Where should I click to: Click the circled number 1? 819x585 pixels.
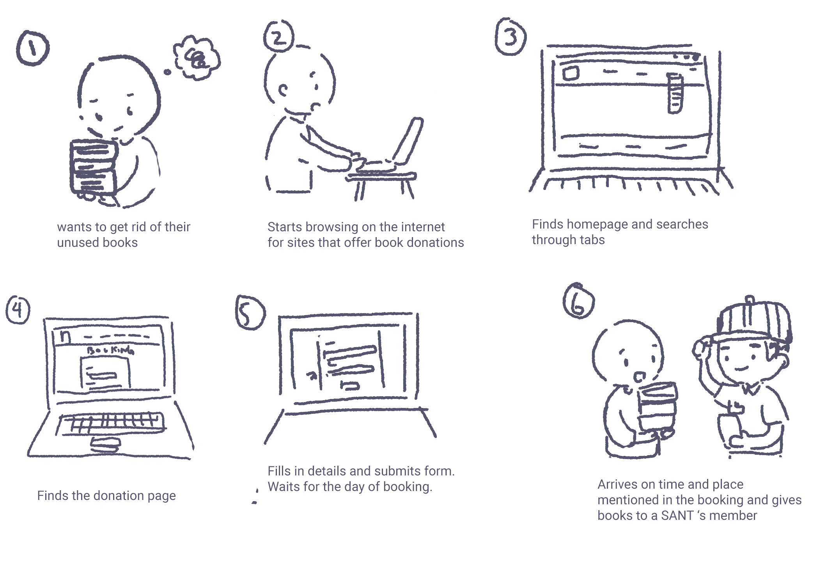(33, 48)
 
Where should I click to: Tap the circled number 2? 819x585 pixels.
(278, 35)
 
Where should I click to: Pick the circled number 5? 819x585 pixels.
(250, 312)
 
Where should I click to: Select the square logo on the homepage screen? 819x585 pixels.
(571, 73)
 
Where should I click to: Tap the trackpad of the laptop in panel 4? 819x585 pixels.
(105, 445)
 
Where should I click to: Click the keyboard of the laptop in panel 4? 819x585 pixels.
(111, 424)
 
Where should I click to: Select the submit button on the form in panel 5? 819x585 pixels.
(350, 386)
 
